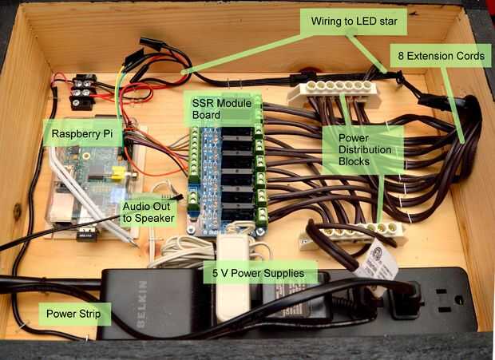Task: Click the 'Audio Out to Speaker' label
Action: (148, 213)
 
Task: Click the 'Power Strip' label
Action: (73, 314)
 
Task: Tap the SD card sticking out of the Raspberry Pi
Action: (87, 235)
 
